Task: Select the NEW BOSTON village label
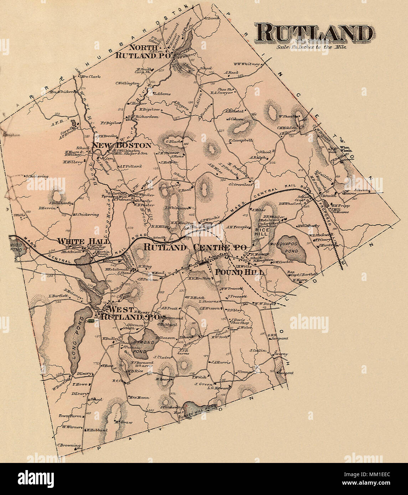point(122,145)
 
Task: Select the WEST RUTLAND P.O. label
point(130,313)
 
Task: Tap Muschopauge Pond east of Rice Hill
point(292,247)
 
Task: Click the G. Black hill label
point(171,141)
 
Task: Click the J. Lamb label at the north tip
point(211,18)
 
